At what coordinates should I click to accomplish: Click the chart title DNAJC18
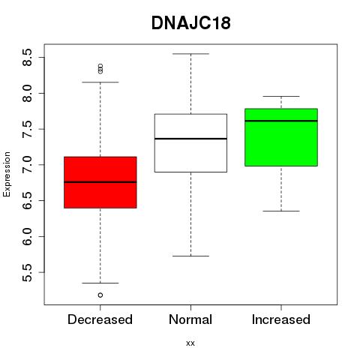point(190,23)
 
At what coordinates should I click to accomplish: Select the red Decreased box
point(100,182)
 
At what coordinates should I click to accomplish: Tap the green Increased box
point(281,137)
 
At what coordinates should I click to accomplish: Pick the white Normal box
point(190,143)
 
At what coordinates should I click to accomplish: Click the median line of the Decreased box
point(100,182)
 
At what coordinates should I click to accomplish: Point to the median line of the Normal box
point(190,139)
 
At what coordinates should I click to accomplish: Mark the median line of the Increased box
point(281,121)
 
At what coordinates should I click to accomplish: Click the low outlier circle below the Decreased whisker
point(100,295)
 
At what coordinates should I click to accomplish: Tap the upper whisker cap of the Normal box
point(190,54)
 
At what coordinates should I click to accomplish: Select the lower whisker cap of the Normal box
point(190,256)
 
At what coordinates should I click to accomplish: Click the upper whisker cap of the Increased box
point(281,96)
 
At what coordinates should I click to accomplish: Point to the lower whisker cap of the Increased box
point(281,211)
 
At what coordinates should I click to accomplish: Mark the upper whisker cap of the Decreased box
point(100,82)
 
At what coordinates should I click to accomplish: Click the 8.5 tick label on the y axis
point(27,58)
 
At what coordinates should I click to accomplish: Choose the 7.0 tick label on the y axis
point(27,165)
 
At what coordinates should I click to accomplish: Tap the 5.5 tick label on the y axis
point(27,272)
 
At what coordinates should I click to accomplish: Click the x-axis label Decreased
point(100,319)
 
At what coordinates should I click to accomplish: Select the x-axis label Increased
point(281,319)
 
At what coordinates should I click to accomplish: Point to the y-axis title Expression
point(7,175)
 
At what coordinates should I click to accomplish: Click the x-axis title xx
point(190,343)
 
